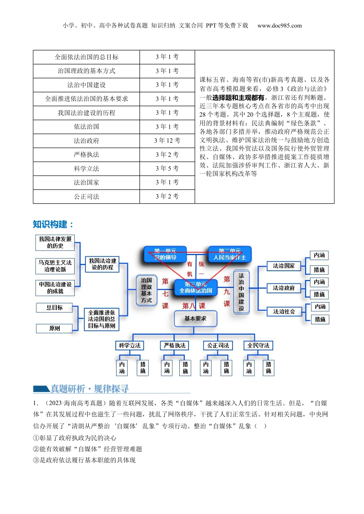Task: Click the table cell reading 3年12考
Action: coord(167,141)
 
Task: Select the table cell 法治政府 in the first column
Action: coord(86,141)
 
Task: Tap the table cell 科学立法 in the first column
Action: coord(86,169)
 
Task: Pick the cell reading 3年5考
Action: coord(167,169)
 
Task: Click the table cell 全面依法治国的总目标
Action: coord(86,57)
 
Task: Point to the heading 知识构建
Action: coord(52,224)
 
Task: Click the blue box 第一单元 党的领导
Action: coord(165,254)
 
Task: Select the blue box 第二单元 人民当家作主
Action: coord(230,254)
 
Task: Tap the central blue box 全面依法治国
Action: coord(196,288)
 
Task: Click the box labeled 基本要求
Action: coord(195,319)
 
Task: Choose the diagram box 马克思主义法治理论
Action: coord(55,266)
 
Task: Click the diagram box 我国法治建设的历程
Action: coord(102,264)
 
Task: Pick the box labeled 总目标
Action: coord(54,307)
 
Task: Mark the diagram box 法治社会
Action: coord(284,312)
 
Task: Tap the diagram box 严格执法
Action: coord(175,346)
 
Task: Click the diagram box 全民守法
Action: coord(258,346)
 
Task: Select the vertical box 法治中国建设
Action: coord(241,292)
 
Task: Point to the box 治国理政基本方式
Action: coord(146,290)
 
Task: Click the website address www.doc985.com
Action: coord(279,26)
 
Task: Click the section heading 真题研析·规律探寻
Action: coord(90,389)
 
